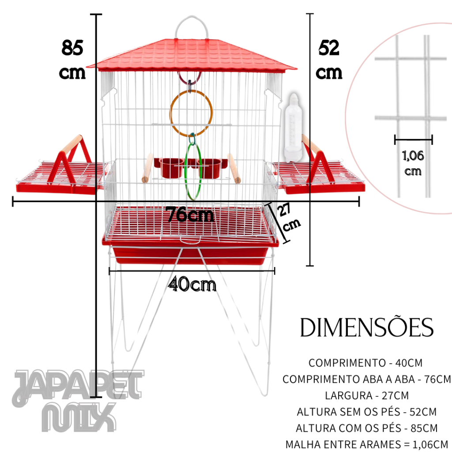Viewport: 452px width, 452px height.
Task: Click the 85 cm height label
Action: [x=72, y=60]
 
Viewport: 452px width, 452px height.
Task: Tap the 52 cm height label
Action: [x=329, y=60]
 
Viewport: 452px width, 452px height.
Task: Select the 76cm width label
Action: [x=191, y=215]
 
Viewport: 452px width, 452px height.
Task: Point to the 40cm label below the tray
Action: [x=192, y=284]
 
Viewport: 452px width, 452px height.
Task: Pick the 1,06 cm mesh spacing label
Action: [x=413, y=163]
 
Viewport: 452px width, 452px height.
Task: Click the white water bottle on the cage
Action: [x=293, y=128]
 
